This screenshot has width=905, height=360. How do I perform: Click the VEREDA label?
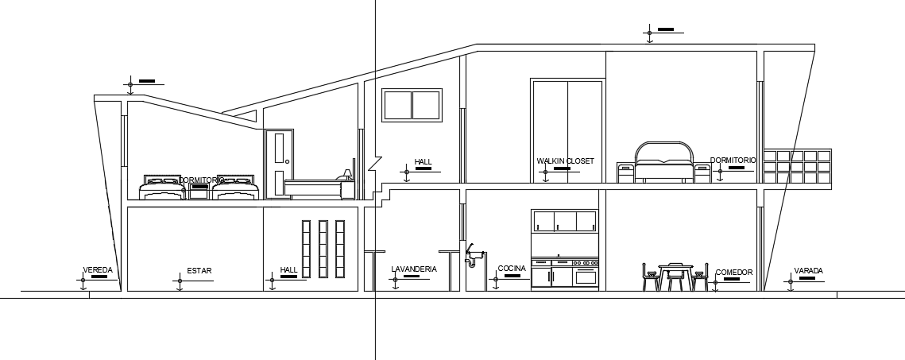(x=99, y=271)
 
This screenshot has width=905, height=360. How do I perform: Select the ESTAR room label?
(x=199, y=271)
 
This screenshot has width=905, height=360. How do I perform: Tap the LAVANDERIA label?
(x=414, y=269)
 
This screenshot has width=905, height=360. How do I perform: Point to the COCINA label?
(x=512, y=269)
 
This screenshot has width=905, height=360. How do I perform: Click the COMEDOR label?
(x=733, y=273)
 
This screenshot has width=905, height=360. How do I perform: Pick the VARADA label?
(x=808, y=271)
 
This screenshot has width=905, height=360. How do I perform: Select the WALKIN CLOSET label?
(x=565, y=161)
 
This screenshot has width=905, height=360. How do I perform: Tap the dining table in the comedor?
(x=675, y=276)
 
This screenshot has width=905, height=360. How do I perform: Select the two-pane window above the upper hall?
(x=412, y=105)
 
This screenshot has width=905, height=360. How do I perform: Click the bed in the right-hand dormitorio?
(x=663, y=164)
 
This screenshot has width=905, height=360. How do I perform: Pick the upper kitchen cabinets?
(x=564, y=222)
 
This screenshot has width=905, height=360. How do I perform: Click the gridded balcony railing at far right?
(x=797, y=166)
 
